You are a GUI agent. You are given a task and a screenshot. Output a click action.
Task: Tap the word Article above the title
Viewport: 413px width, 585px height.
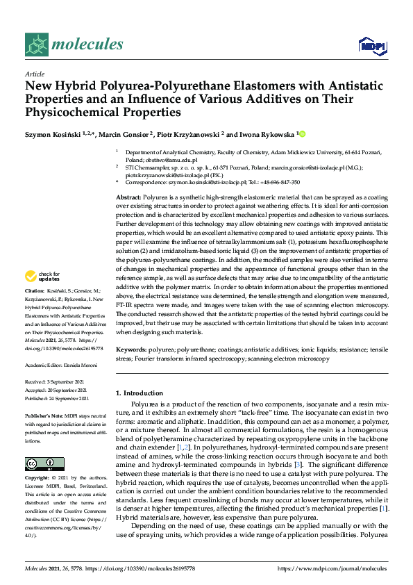click(x=34, y=73)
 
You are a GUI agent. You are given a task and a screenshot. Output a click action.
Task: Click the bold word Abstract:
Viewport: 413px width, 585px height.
click(x=128, y=198)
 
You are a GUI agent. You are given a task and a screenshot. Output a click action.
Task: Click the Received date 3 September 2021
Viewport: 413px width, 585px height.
click(x=67, y=381)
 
